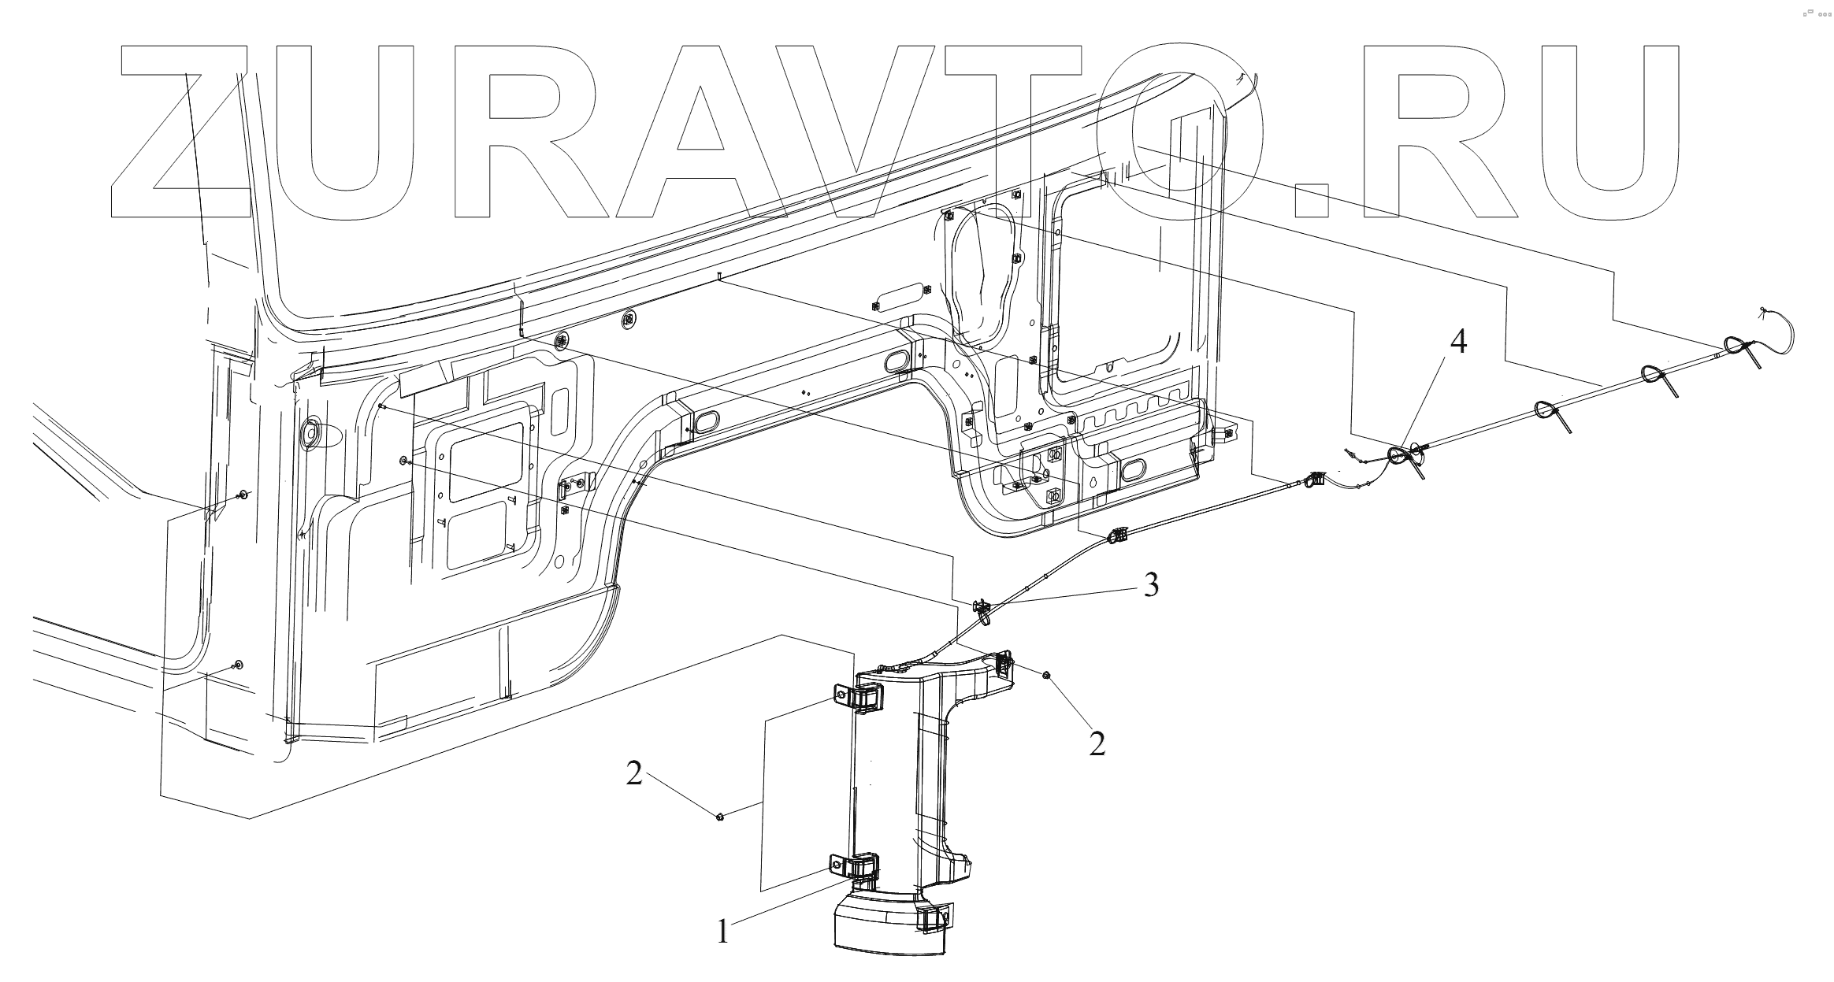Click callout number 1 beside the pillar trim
[723, 933]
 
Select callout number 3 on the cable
[1151, 585]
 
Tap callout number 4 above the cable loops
[1458, 342]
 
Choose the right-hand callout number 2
[1097, 743]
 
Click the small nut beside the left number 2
[720, 817]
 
